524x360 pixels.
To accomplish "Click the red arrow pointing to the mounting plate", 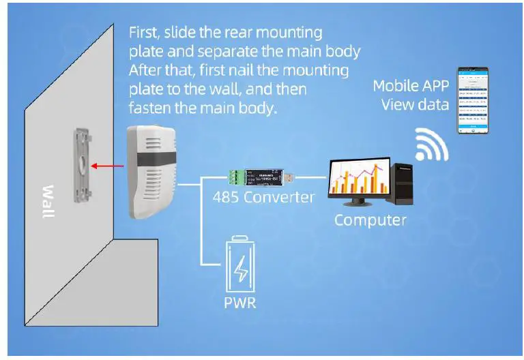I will click(x=110, y=165).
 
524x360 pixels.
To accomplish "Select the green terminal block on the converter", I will click(x=236, y=178).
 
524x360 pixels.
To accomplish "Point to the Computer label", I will click(x=370, y=220).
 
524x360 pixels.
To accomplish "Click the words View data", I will click(x=415, y=104).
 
